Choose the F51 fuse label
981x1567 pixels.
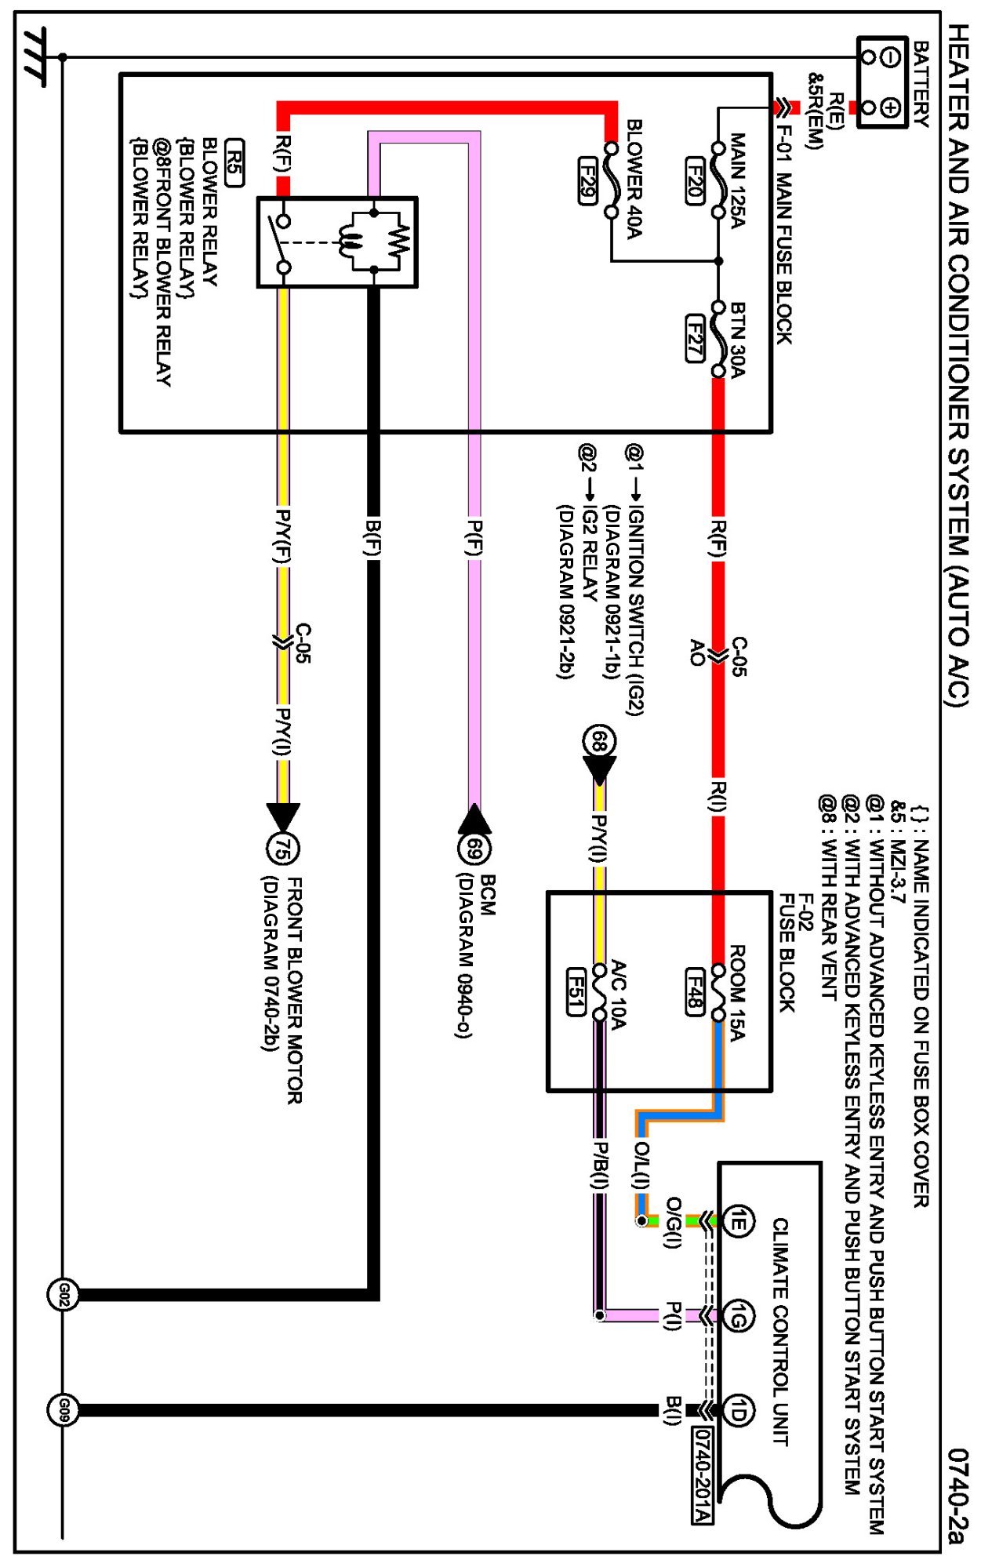click(576, 991)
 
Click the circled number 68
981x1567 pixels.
click(599, 741)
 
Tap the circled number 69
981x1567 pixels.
click(474, 849)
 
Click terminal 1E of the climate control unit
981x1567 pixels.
click(737, 1221)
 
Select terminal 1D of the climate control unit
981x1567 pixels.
click(737, 1411)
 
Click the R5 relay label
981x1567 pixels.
click(234, 162)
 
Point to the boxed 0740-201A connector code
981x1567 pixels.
click(703, 1475)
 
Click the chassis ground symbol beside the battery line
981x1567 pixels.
click(35, 56)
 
